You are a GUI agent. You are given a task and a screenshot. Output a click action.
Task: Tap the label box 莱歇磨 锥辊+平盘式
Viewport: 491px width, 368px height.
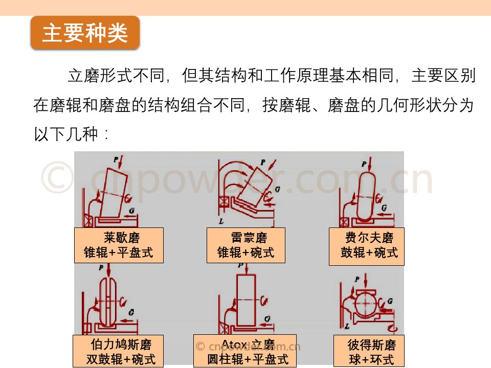click(119, 245)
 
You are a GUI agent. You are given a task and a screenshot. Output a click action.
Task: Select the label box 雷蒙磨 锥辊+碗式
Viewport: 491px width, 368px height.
click(246, 245)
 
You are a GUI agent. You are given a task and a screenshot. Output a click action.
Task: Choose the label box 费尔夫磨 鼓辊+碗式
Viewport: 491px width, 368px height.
click(366, 246)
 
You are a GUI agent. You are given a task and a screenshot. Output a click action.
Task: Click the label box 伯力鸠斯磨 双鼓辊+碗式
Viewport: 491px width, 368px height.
click(118, 351)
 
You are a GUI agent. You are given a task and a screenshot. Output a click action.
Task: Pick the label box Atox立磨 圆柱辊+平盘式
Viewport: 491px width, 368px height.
click(244, 351)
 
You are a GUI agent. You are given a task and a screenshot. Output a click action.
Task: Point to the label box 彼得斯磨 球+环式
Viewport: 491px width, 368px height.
click(368, 351)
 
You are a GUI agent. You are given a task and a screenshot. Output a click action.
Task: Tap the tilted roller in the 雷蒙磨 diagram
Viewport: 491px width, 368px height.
click(251, 187)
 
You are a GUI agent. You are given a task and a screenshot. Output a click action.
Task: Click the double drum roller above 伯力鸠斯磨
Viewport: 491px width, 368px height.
click(107, 302)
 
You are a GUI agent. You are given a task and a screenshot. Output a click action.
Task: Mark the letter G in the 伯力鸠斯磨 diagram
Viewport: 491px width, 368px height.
click(131, 311)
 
